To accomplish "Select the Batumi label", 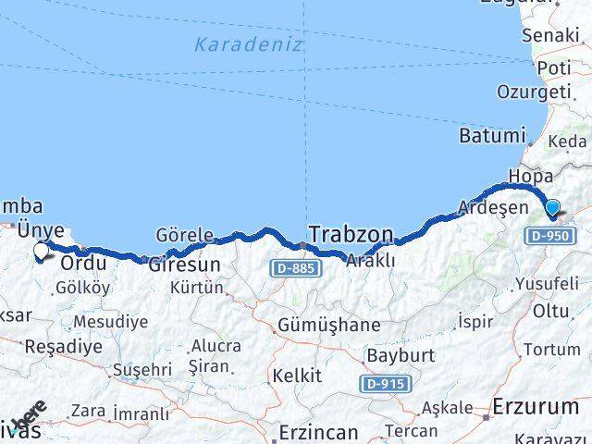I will tap(491, 135).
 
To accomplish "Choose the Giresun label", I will tap(184, 264).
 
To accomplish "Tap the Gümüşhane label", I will tap(328, 325).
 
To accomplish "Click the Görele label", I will tap(185, 234).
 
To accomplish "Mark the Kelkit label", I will tap(296, 376).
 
